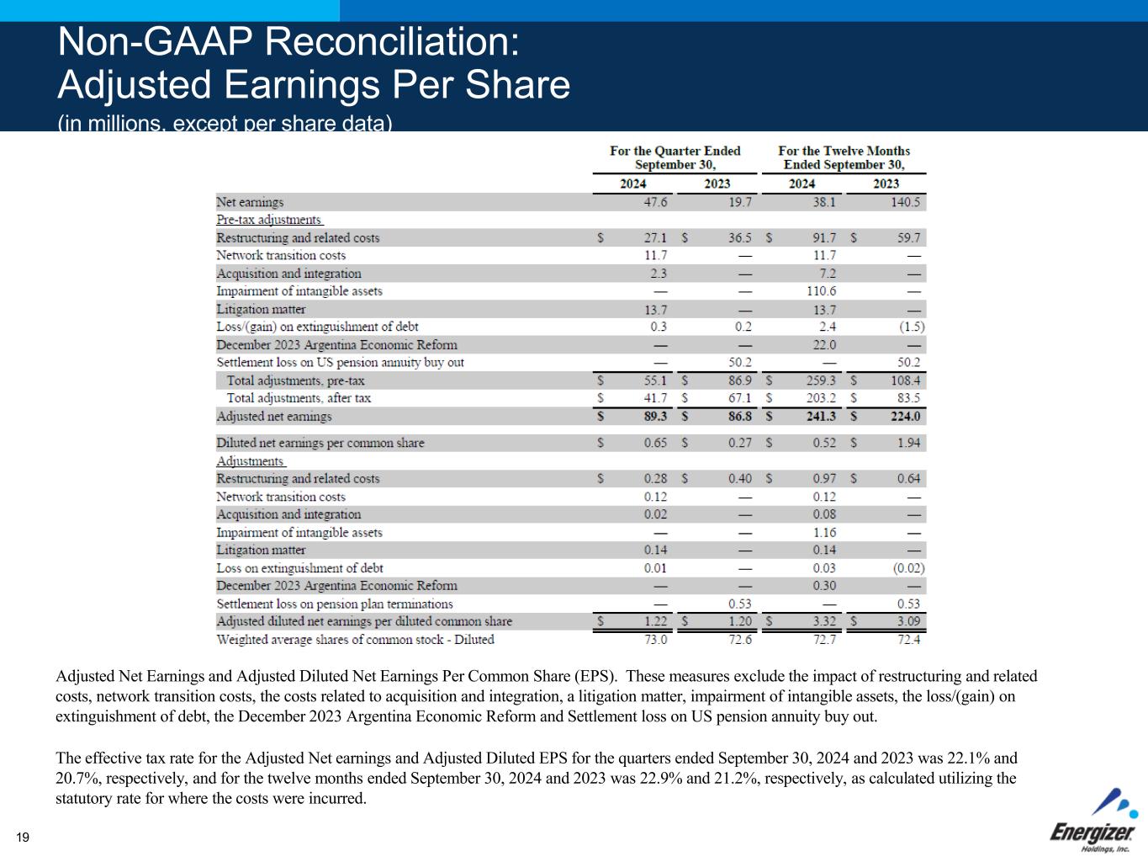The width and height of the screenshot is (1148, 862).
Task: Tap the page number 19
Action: tap(23, 837)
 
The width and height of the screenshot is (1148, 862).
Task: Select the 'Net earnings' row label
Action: tap(250, 202)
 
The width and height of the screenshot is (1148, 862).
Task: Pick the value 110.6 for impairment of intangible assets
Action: tap(820, 291)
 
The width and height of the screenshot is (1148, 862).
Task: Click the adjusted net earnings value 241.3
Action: tap(820, 417)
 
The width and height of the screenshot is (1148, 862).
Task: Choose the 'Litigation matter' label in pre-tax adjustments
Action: tap(261, 309)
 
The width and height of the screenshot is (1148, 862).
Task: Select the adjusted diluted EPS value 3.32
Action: tap(823, 622)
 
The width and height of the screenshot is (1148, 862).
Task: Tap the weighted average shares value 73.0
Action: tap(655, 640)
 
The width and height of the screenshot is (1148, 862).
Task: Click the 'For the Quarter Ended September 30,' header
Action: tap(675, 157)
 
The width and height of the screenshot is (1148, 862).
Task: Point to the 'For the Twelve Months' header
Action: tap(844, 151)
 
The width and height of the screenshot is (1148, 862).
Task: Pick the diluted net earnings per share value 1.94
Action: tap(908, 443)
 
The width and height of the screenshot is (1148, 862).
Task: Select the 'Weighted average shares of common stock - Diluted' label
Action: tap(355, 640)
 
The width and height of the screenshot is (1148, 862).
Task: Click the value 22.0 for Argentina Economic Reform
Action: tap(823, 345)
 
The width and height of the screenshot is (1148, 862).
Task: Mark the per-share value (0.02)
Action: tap(908, 568)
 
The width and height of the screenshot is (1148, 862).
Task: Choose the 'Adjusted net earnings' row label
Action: tap(273, 417)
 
